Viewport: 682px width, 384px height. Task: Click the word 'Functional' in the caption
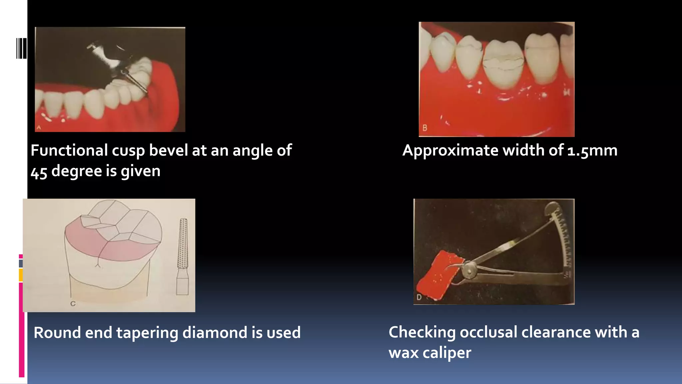(69, 150)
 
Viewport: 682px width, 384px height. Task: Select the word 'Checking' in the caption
(422, 332)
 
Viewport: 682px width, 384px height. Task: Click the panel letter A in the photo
(39, 127)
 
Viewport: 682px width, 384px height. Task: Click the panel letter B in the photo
(425, 128)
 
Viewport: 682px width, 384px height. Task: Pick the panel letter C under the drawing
(73, 304)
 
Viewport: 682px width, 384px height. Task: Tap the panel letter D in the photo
(419, 297)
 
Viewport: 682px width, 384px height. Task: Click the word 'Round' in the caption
(57, 333)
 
